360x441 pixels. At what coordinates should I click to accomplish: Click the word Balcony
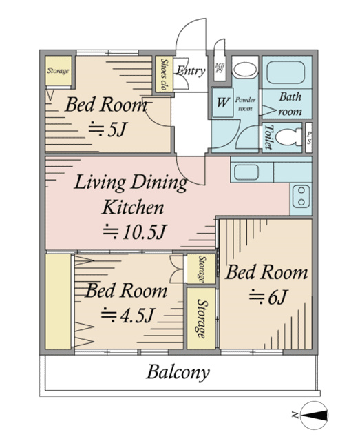coord(178,372)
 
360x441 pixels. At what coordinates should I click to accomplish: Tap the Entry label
coord(191,71)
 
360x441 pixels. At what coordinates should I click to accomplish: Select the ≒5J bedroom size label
coord(107,130)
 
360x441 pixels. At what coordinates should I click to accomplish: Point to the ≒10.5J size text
coord(135,232)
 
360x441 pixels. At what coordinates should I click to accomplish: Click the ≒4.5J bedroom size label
coord(127,315)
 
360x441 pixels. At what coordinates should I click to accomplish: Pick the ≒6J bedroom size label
coord(268,297)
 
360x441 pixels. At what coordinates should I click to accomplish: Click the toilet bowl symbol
coord(288,138)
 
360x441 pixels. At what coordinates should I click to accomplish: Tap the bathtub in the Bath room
coord(287,72)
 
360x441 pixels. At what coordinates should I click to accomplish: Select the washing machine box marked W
coord(222,103)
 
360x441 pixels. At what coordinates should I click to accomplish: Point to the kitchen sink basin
coord(246,172)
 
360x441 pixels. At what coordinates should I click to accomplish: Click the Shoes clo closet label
coord(164,74)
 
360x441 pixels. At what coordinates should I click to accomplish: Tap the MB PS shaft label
coord(220,68)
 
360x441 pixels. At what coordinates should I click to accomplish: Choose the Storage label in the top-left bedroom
coord(59,70)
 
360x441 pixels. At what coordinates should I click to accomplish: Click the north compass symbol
coord(314,415)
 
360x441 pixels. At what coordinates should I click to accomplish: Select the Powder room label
coord(245,104)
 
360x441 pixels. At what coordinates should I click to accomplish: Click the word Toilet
coord(268,137)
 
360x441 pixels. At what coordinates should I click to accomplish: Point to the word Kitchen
coord(133,207)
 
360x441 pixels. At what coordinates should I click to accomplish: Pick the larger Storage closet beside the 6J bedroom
coord(201,318)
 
